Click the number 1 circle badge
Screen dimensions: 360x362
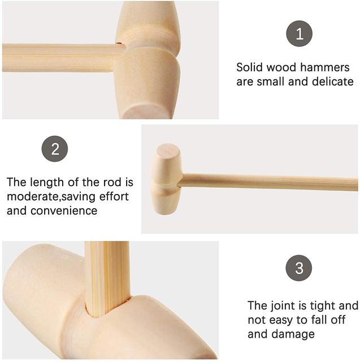click(299, 33)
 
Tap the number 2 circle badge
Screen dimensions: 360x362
click(55, 149)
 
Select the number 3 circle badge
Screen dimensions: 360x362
click(299, 268)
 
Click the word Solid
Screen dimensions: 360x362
click(250, 67)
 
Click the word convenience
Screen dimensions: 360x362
click(64, 211)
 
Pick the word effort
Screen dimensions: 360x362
click(114, 196)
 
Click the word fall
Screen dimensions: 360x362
click(321, 320)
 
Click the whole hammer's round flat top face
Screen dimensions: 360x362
click(168, 151)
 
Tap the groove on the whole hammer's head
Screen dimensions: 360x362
click(166, 187)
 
